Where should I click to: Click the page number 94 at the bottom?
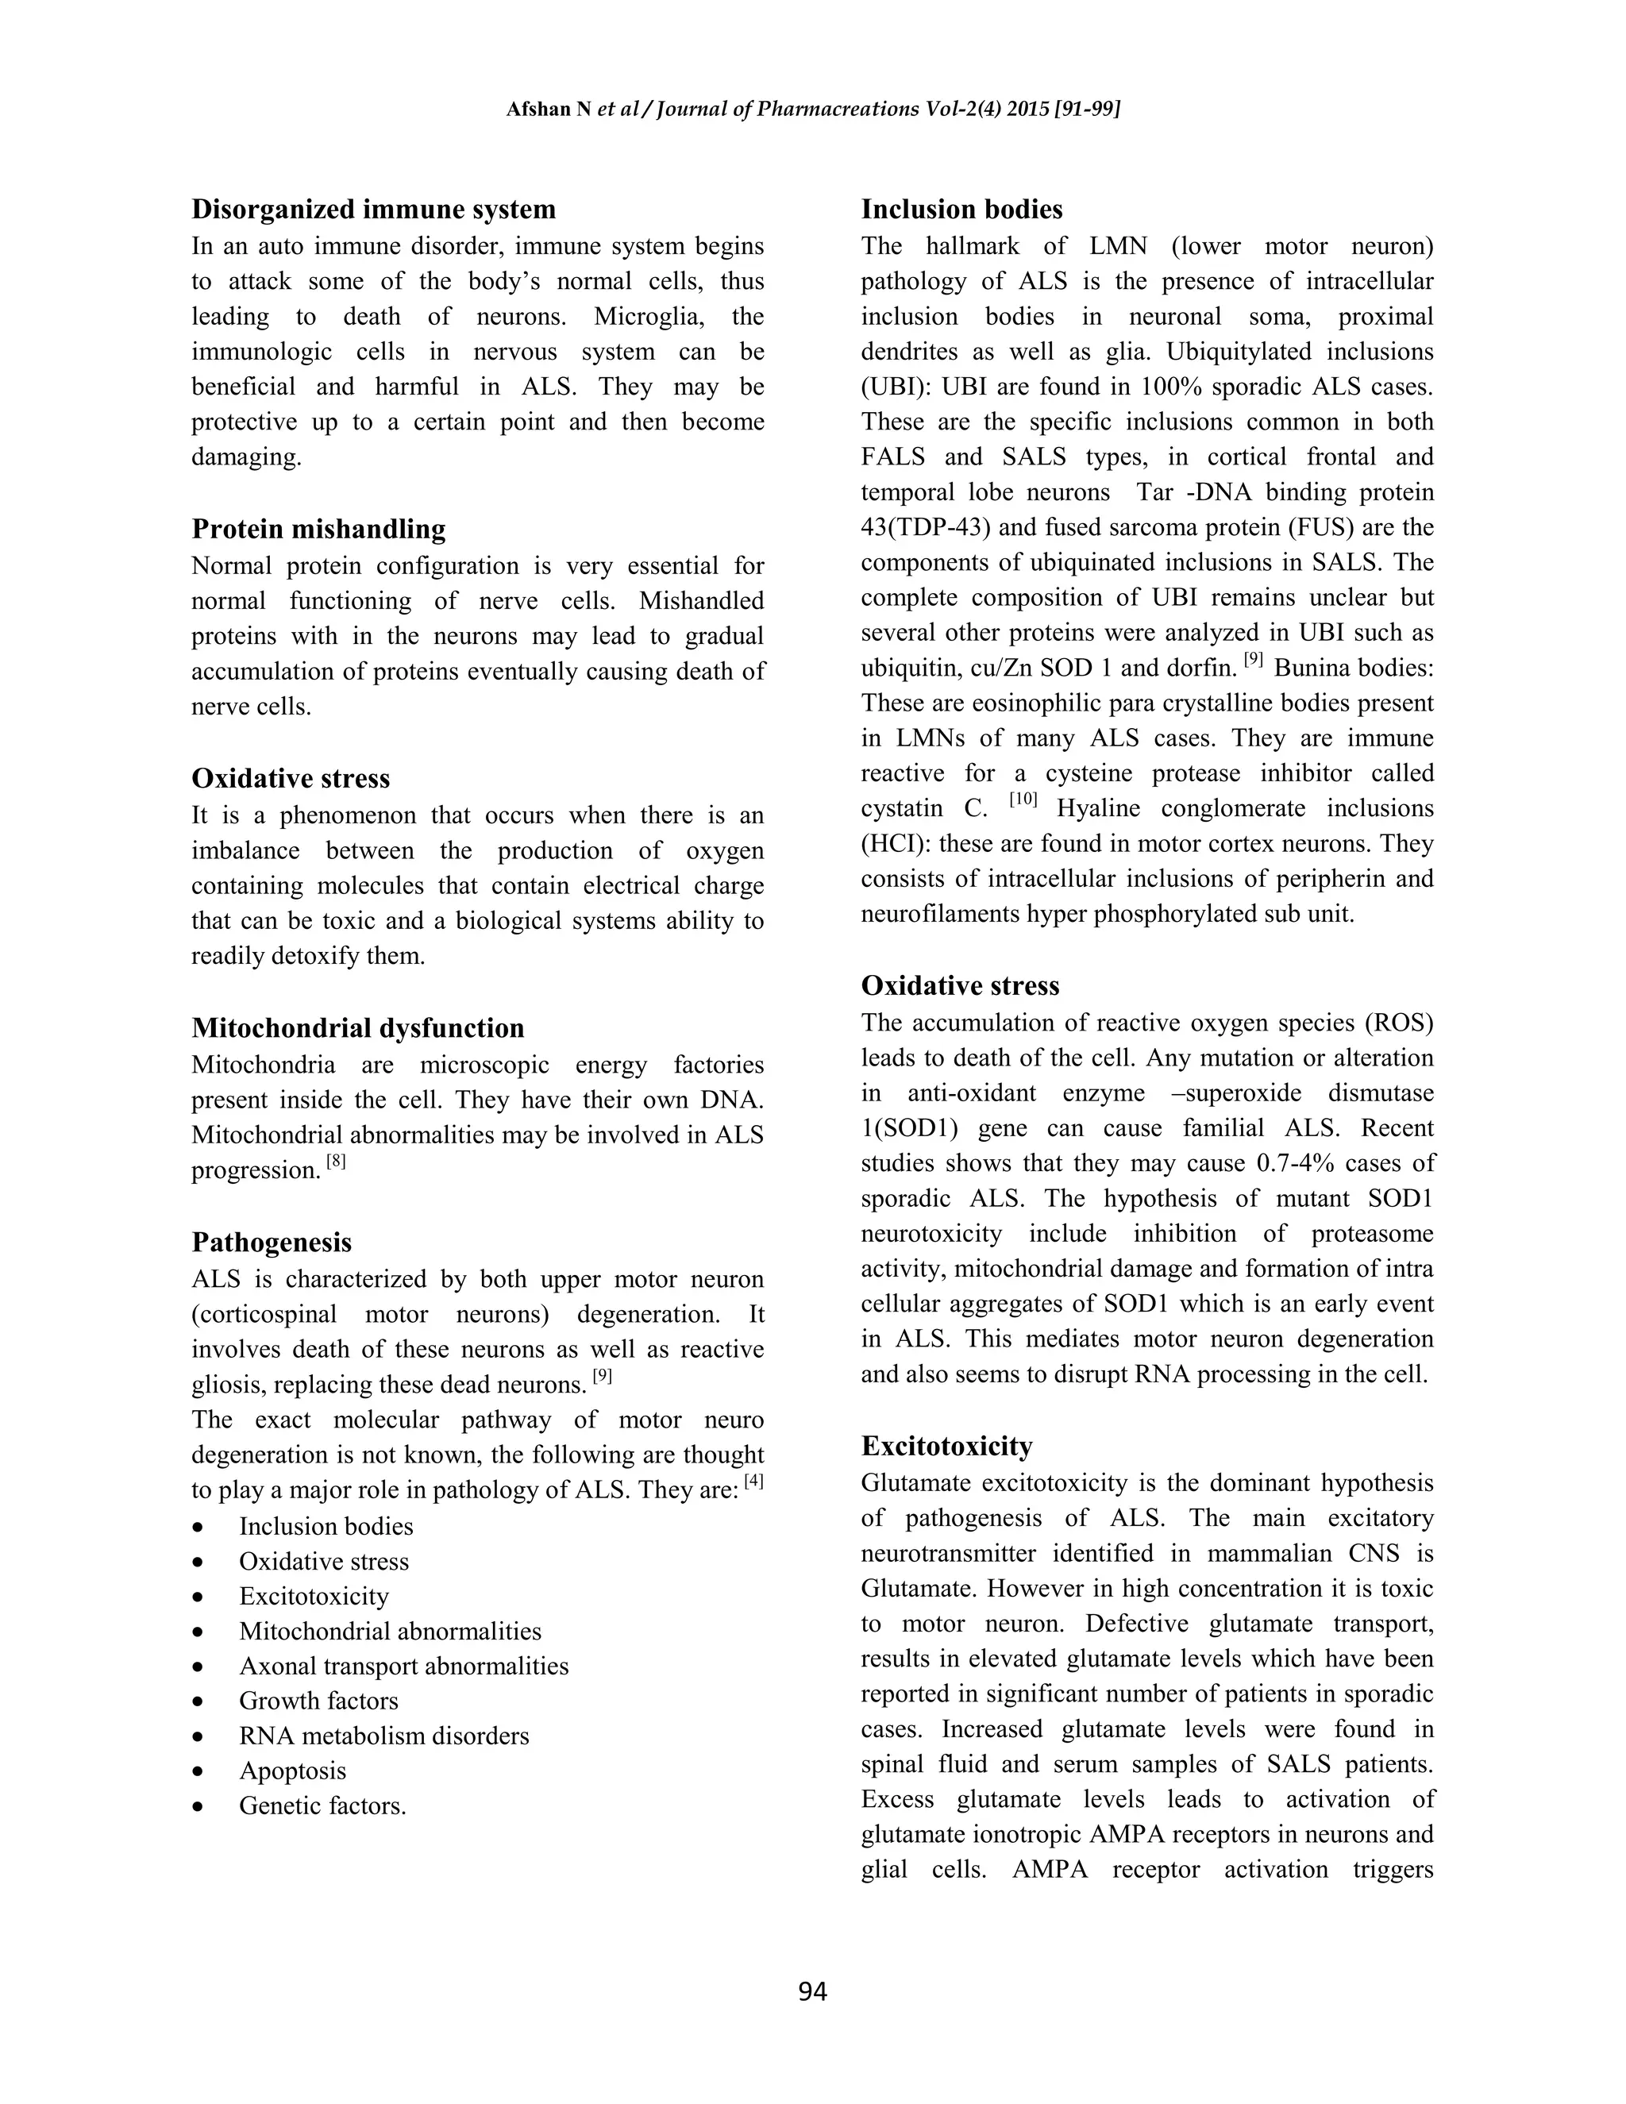coord(812,1990)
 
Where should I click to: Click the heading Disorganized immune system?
coord(373,209)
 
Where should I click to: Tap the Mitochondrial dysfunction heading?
coord(357,1028)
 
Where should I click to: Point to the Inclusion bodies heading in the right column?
coord(961,209)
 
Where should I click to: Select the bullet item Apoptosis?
coord(292,1771)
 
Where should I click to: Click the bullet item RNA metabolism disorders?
coord(383,1736)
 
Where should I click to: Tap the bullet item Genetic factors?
coord(322,1806)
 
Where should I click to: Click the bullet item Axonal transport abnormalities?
coord(403,1666)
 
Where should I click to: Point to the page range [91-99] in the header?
coord(1088,109)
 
